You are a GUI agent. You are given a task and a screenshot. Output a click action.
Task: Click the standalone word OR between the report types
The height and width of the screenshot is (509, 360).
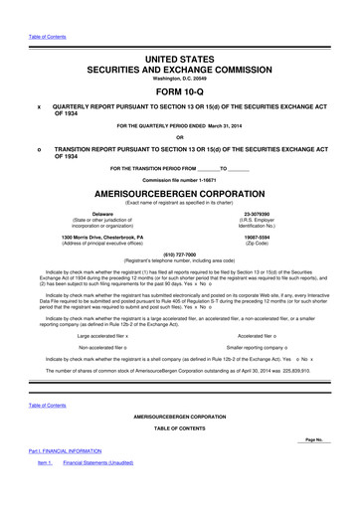(x=180, y=137)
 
